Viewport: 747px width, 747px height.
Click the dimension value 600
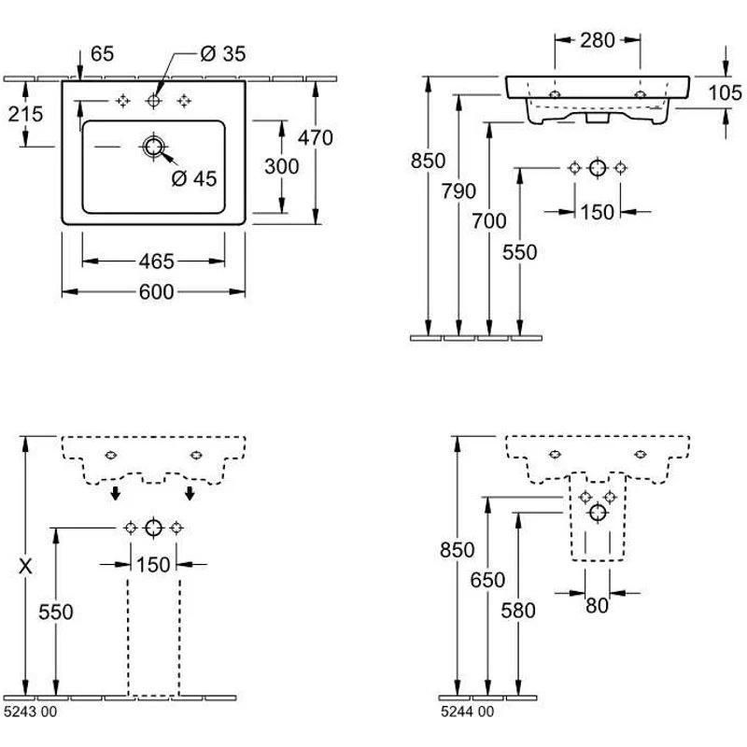point(156,292)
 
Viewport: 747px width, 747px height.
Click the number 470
point(316,137)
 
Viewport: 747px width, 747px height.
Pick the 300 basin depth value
point(281,166)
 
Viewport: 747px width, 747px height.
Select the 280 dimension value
point(598,40)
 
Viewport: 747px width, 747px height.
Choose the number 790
point(458,191)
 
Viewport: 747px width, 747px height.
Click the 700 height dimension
point(489,221)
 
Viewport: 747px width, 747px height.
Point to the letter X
point(27,565)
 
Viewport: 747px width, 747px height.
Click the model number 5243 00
point(30,712)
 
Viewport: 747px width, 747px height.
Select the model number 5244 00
point(464,712)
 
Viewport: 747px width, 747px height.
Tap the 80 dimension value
point(597,605)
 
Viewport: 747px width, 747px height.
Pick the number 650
point(487,580)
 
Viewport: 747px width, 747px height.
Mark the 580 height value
point(518,611)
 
